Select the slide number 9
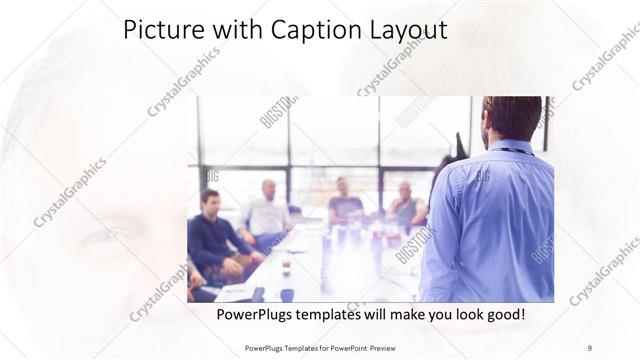tap(590, 347)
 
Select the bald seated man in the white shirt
tap(267, 212)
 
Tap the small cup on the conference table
tap(286, 268)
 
